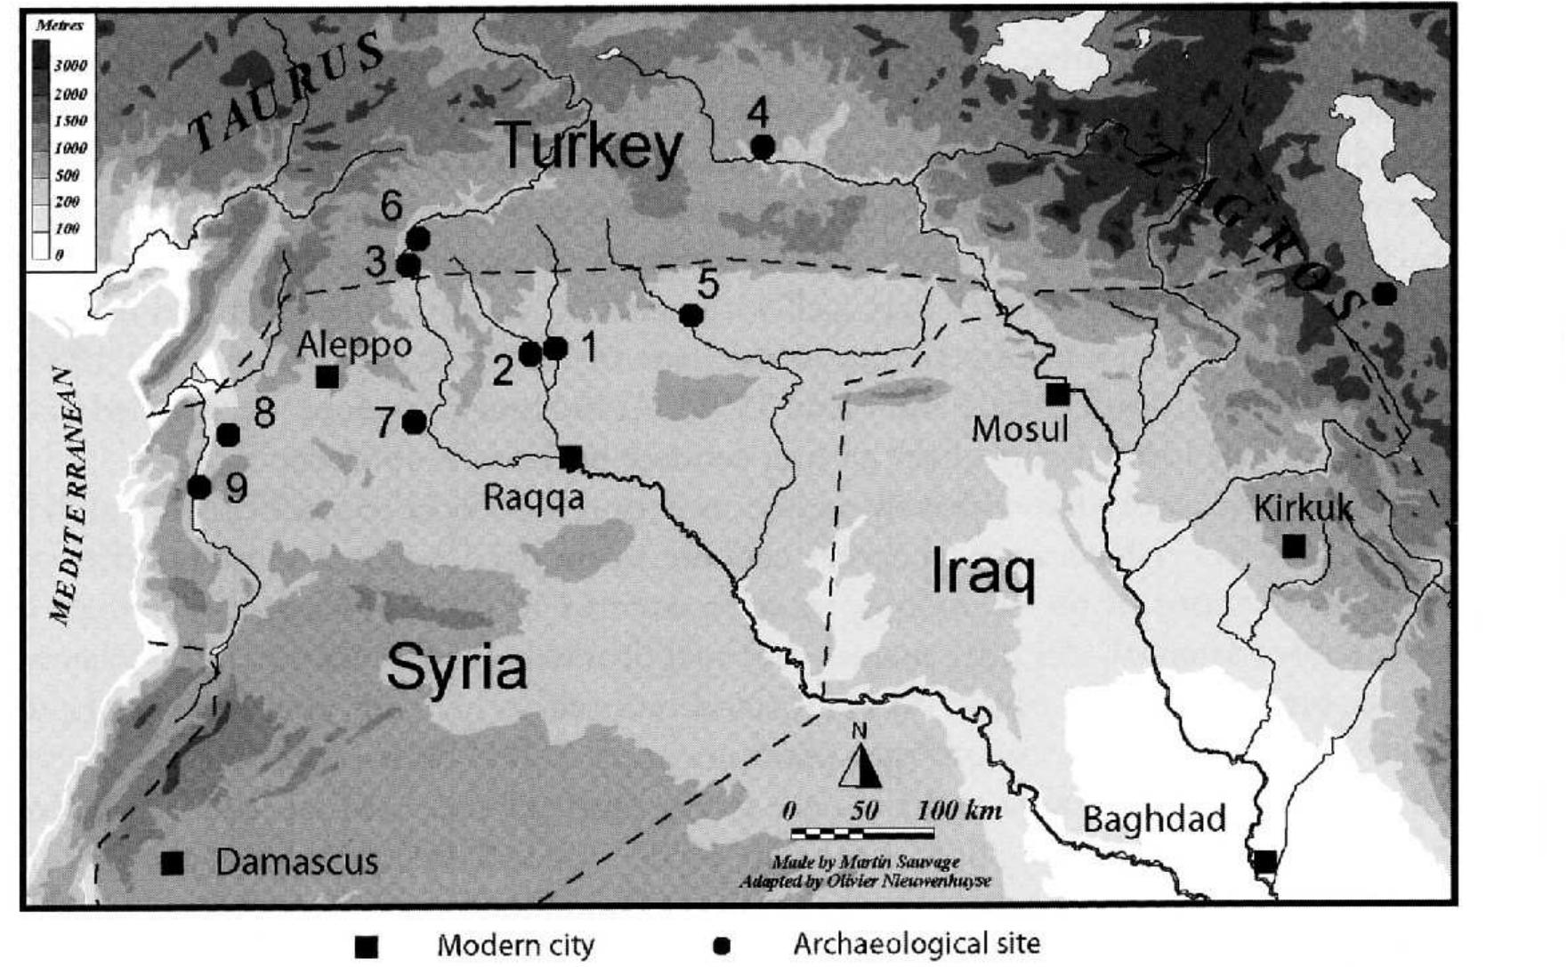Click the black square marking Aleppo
pyautogui.click(x=327, y=376)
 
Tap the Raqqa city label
pyautogui.click(x=533, y=496)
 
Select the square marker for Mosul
pyautogui.click(x=1057, y=393)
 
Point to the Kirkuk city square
pyautogui.click(x=1294, y=546)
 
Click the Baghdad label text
pyautogui.click(x=1153, y=818)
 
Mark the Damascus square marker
pyautogui.click(x=172, y=862)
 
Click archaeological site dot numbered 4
pyautogui.click(x=762, y=147)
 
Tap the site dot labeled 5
pyautogui.click(x=691, y=315)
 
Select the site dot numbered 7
pyautogui.click(x=414, y=422)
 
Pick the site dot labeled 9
pyautogui.click(x=199, y=488)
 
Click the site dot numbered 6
pyautogui.click(x=417, y=238)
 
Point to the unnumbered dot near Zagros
pyautogui.click(x=1384, y=294)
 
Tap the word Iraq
pyautogui.click(x=982, y=571)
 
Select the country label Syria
pyautogui.click(x=456, y=667)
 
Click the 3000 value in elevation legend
pyautogui.click(x=70, y=66)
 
